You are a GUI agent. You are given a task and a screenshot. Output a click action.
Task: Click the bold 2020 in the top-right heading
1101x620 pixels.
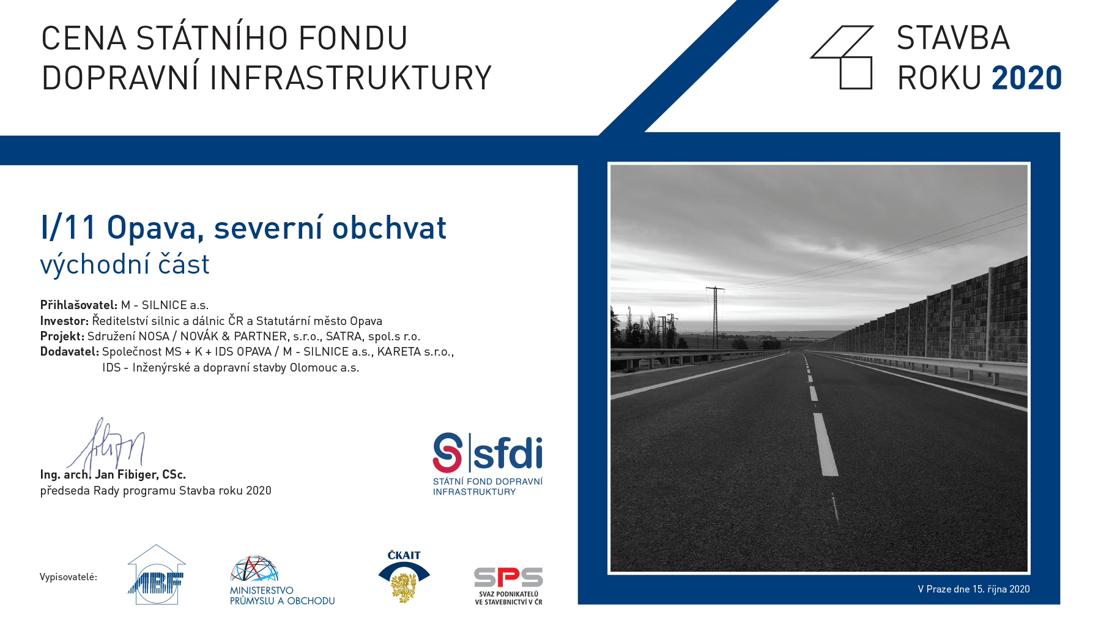(x=1026, y=78)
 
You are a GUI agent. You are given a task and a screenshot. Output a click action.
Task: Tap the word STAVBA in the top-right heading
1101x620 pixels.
(x=953, y=38)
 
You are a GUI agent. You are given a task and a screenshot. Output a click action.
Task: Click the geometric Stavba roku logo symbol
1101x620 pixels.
(x=842, y=58)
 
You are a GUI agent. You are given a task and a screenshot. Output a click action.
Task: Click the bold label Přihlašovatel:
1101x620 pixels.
(x=79, y=305)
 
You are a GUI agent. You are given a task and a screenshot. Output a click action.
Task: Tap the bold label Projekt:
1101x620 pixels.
(x=62, y=336)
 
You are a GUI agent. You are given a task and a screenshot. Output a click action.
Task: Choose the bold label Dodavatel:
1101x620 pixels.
(x=70, y=352)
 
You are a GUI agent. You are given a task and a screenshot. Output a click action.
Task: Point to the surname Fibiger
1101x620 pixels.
(x=138, y=475)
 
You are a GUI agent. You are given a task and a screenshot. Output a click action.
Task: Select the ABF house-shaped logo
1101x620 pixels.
(x=156, y=575)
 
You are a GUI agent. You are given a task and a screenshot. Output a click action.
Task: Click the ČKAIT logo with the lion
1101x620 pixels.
(x=404, y=577)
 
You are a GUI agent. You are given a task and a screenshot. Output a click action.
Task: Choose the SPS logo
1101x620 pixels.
(x=508, y=586)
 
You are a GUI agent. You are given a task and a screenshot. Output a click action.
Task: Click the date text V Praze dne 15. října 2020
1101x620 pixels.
(x=974, y=589)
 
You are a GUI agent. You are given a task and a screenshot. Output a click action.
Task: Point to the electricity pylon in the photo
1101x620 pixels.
(x=715, y=317)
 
